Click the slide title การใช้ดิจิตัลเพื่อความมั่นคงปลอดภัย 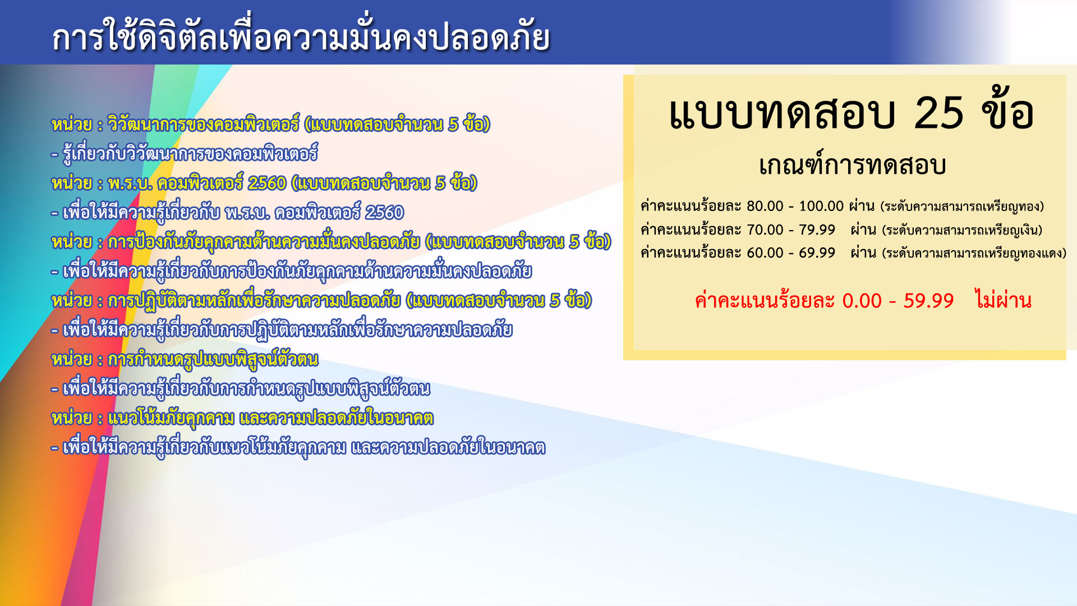coord(301,37)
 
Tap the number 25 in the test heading coord(939,113)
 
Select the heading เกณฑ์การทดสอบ coord(853,165)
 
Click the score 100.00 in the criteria coord(821,206)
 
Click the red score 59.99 coord(928,301)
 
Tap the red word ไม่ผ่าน coord(1003,300)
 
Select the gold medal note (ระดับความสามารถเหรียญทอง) coord(962,206)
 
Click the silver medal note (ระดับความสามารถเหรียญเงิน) coord(962,230)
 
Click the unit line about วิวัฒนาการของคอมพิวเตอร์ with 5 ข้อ coord(271,124)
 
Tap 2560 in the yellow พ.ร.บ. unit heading coord(267,183)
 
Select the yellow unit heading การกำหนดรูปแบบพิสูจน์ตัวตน coord(185,359)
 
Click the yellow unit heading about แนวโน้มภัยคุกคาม coord(242,418)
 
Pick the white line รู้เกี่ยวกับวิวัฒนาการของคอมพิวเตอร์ coord(185,153)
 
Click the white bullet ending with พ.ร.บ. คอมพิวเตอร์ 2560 coord(227,212)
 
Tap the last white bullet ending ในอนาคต coord(298,447)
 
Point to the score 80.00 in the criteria coord(765,206)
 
